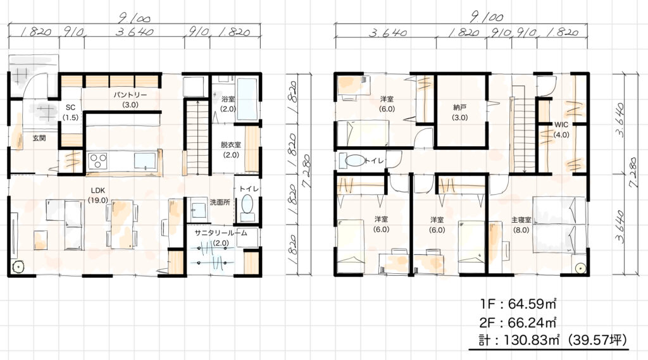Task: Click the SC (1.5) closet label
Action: coord(71,112)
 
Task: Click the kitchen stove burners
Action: coord(99,159)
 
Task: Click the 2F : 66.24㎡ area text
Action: coord(518,321)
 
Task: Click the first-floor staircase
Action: coord(197,137)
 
